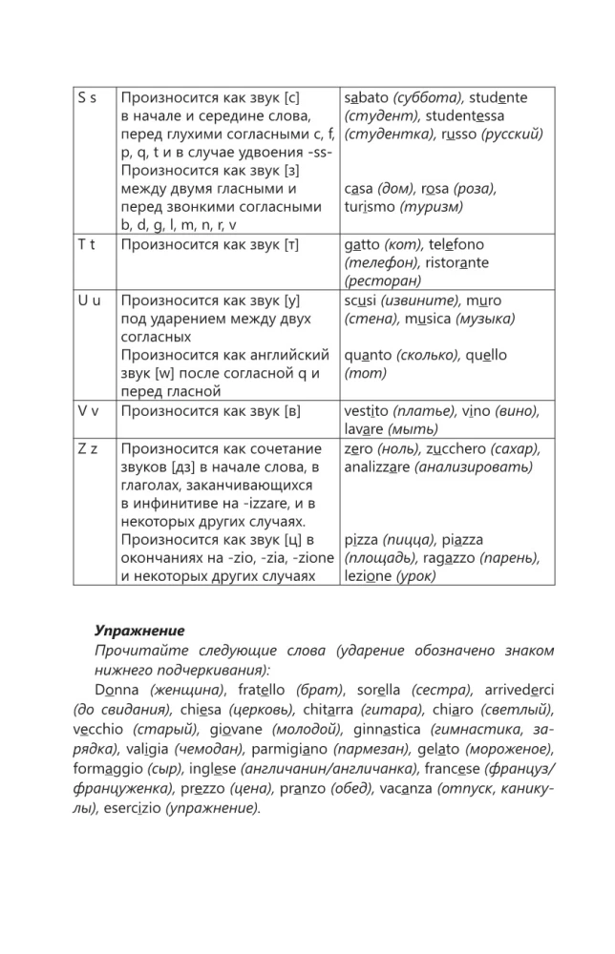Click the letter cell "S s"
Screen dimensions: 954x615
(87, 97)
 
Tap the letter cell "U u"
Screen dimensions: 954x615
(87, 300)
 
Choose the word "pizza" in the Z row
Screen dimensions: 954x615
(364, 539)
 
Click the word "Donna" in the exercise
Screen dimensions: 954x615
(116, 688)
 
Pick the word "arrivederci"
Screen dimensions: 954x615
(520, 688)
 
